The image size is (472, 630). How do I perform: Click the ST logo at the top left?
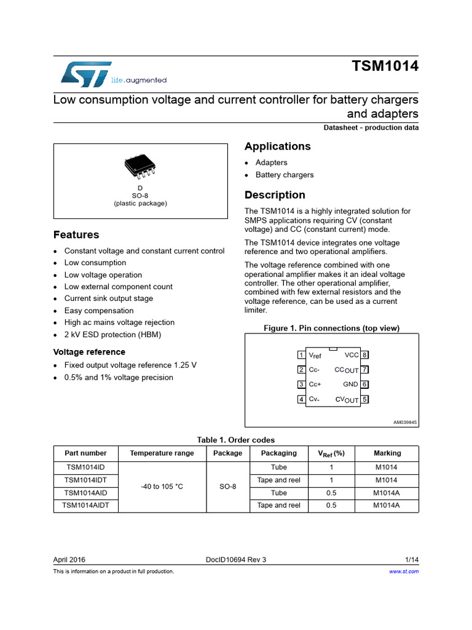(86, 73)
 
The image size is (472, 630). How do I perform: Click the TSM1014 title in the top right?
(385, 66)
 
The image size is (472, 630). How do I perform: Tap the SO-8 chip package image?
(141, 164)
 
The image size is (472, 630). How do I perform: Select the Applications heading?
(277, 146)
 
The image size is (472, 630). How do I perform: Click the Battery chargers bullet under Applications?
(284, 175)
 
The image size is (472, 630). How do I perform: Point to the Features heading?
(76, 235)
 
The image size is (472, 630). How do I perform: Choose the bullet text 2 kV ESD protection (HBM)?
(112, 335)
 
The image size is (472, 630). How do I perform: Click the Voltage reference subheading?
(89, 352)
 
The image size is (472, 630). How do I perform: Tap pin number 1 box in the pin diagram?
(301, 355)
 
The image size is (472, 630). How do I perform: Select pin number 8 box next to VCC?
(364, 355)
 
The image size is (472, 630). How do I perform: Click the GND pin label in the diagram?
(351, 385)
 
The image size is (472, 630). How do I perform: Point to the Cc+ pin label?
(315, 385)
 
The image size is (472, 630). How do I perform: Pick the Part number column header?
(85, 453)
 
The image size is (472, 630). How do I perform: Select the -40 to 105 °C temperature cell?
(162, 486)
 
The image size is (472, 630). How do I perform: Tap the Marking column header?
(387, 453)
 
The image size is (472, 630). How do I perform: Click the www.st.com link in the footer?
(404, 572)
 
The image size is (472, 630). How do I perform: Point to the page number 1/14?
(412, 559)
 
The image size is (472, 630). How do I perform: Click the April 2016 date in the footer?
(69, 559)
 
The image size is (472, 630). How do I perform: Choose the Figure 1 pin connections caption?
(331, 329)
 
